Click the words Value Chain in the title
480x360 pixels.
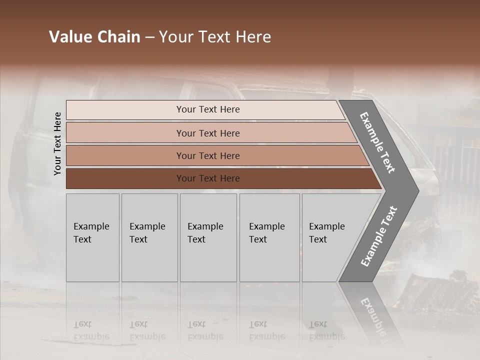pos(94,37)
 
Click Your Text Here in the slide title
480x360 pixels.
pos(215,37)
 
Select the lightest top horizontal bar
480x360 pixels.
pos(125,110)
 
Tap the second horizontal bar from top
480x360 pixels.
pos(125,133)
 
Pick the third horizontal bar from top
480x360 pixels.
pos(125,155)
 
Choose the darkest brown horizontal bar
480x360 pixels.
pos(125,178)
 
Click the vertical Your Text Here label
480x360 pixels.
pos(57,144)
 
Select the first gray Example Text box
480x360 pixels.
pos(92,237)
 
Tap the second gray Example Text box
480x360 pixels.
pos(149,237)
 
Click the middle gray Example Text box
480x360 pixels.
pos(208,237)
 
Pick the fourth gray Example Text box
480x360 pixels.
pos(269,237)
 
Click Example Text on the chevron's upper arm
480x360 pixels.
pos(377,142)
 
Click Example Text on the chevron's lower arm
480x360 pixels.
pos(379,236)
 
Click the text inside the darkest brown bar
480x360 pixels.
pos(208,178)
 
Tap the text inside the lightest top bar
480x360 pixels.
pos(208,109)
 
